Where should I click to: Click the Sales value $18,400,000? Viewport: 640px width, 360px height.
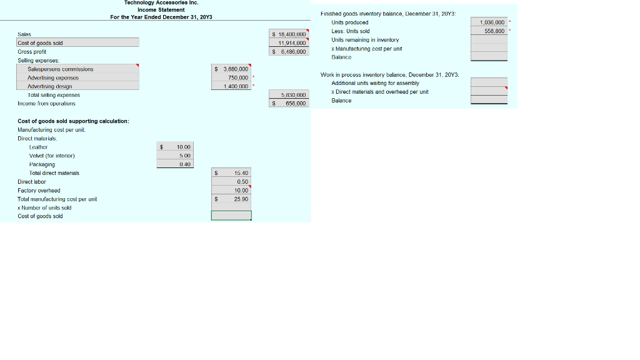coord(289,34)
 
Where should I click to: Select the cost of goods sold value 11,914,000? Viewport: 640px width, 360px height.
coord(291,43)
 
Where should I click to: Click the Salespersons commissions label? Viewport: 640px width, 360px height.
coord(61,69)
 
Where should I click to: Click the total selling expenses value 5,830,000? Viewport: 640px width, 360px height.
coord(292,95)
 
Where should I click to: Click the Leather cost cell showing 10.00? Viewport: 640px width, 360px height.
coord(182,147)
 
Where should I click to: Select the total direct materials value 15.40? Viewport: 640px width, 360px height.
coord(241,173)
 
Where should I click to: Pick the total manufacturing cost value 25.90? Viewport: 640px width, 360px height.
coord(241,199)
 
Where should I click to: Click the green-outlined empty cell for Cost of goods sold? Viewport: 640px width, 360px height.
coord(231,216)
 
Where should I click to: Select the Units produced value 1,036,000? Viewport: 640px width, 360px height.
coord(492,22)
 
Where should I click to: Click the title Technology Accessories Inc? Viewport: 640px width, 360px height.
coord(161,3)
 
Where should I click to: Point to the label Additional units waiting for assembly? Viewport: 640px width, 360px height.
coord(375,83)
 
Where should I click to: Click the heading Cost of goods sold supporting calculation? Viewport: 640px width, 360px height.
coord(73,121)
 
